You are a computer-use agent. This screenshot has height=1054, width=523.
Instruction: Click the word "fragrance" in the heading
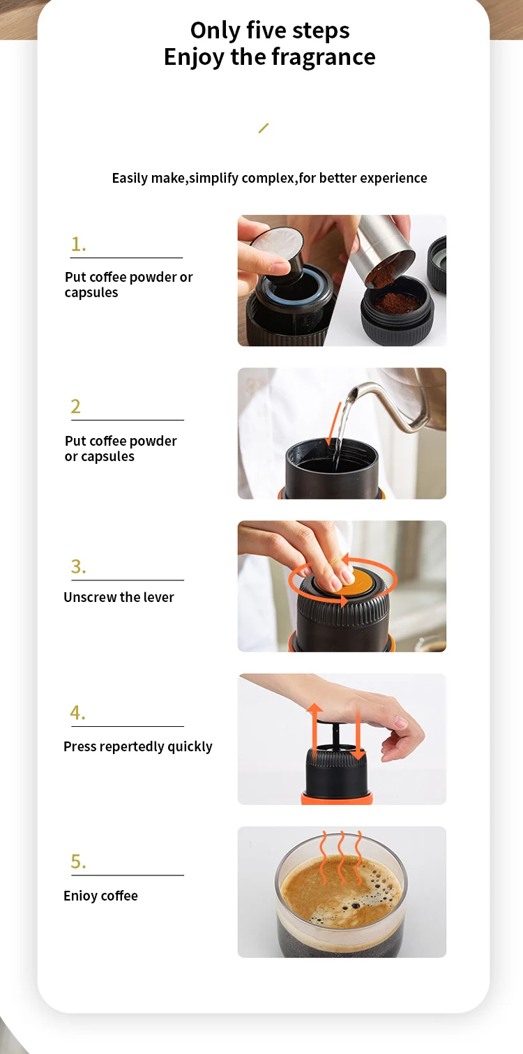point(324,57)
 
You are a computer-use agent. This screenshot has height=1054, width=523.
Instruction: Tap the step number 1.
point(78,244)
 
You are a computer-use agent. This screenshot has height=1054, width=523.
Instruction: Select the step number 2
point(76,406)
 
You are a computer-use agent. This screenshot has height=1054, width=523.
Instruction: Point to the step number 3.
point(78,566)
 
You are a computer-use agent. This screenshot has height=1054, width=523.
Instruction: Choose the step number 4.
point(77,713)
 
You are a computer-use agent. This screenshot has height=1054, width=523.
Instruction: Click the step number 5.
point(78,861)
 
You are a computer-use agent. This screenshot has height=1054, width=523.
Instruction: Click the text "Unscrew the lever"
point(119,597)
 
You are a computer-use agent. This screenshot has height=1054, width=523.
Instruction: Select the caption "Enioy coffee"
point(100,896)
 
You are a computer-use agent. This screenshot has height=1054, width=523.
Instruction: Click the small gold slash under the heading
point(264,128)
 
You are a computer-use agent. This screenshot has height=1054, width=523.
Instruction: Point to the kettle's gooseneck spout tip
point(356,391)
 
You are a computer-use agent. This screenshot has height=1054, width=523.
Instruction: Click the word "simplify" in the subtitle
point(214,179)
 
